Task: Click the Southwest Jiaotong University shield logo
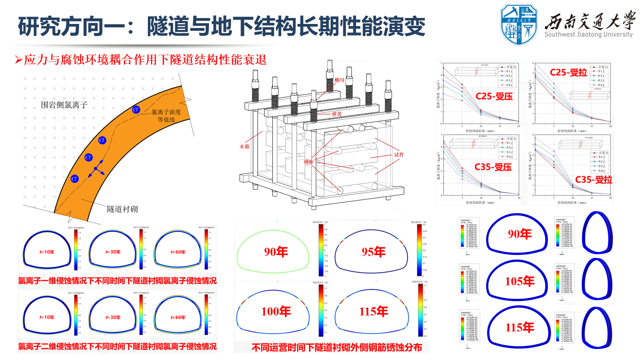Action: [518, 24]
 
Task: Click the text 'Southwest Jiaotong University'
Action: [588, 35]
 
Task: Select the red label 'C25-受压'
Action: [494, 97]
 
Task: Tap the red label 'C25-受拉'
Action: [568, 73]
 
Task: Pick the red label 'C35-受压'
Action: [493, 167]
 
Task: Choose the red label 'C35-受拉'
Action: [594, 180]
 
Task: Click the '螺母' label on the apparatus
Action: [339, 80]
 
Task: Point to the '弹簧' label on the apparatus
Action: [337, 114]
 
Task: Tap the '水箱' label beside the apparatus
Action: [244, 146]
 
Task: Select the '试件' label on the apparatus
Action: [399, 155]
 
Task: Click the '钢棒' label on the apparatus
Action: [309, 162]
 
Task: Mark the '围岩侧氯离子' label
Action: [64, 105]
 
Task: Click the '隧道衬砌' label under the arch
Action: [122, 209]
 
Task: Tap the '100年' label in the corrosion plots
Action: [276, 312]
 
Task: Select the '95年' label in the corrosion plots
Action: [374, 252]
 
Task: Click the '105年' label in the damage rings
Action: [520, 281]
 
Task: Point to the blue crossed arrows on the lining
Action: [96, 168]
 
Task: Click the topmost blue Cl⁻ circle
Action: [136, 110]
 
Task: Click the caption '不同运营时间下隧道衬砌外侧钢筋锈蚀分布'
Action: [337, 348]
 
